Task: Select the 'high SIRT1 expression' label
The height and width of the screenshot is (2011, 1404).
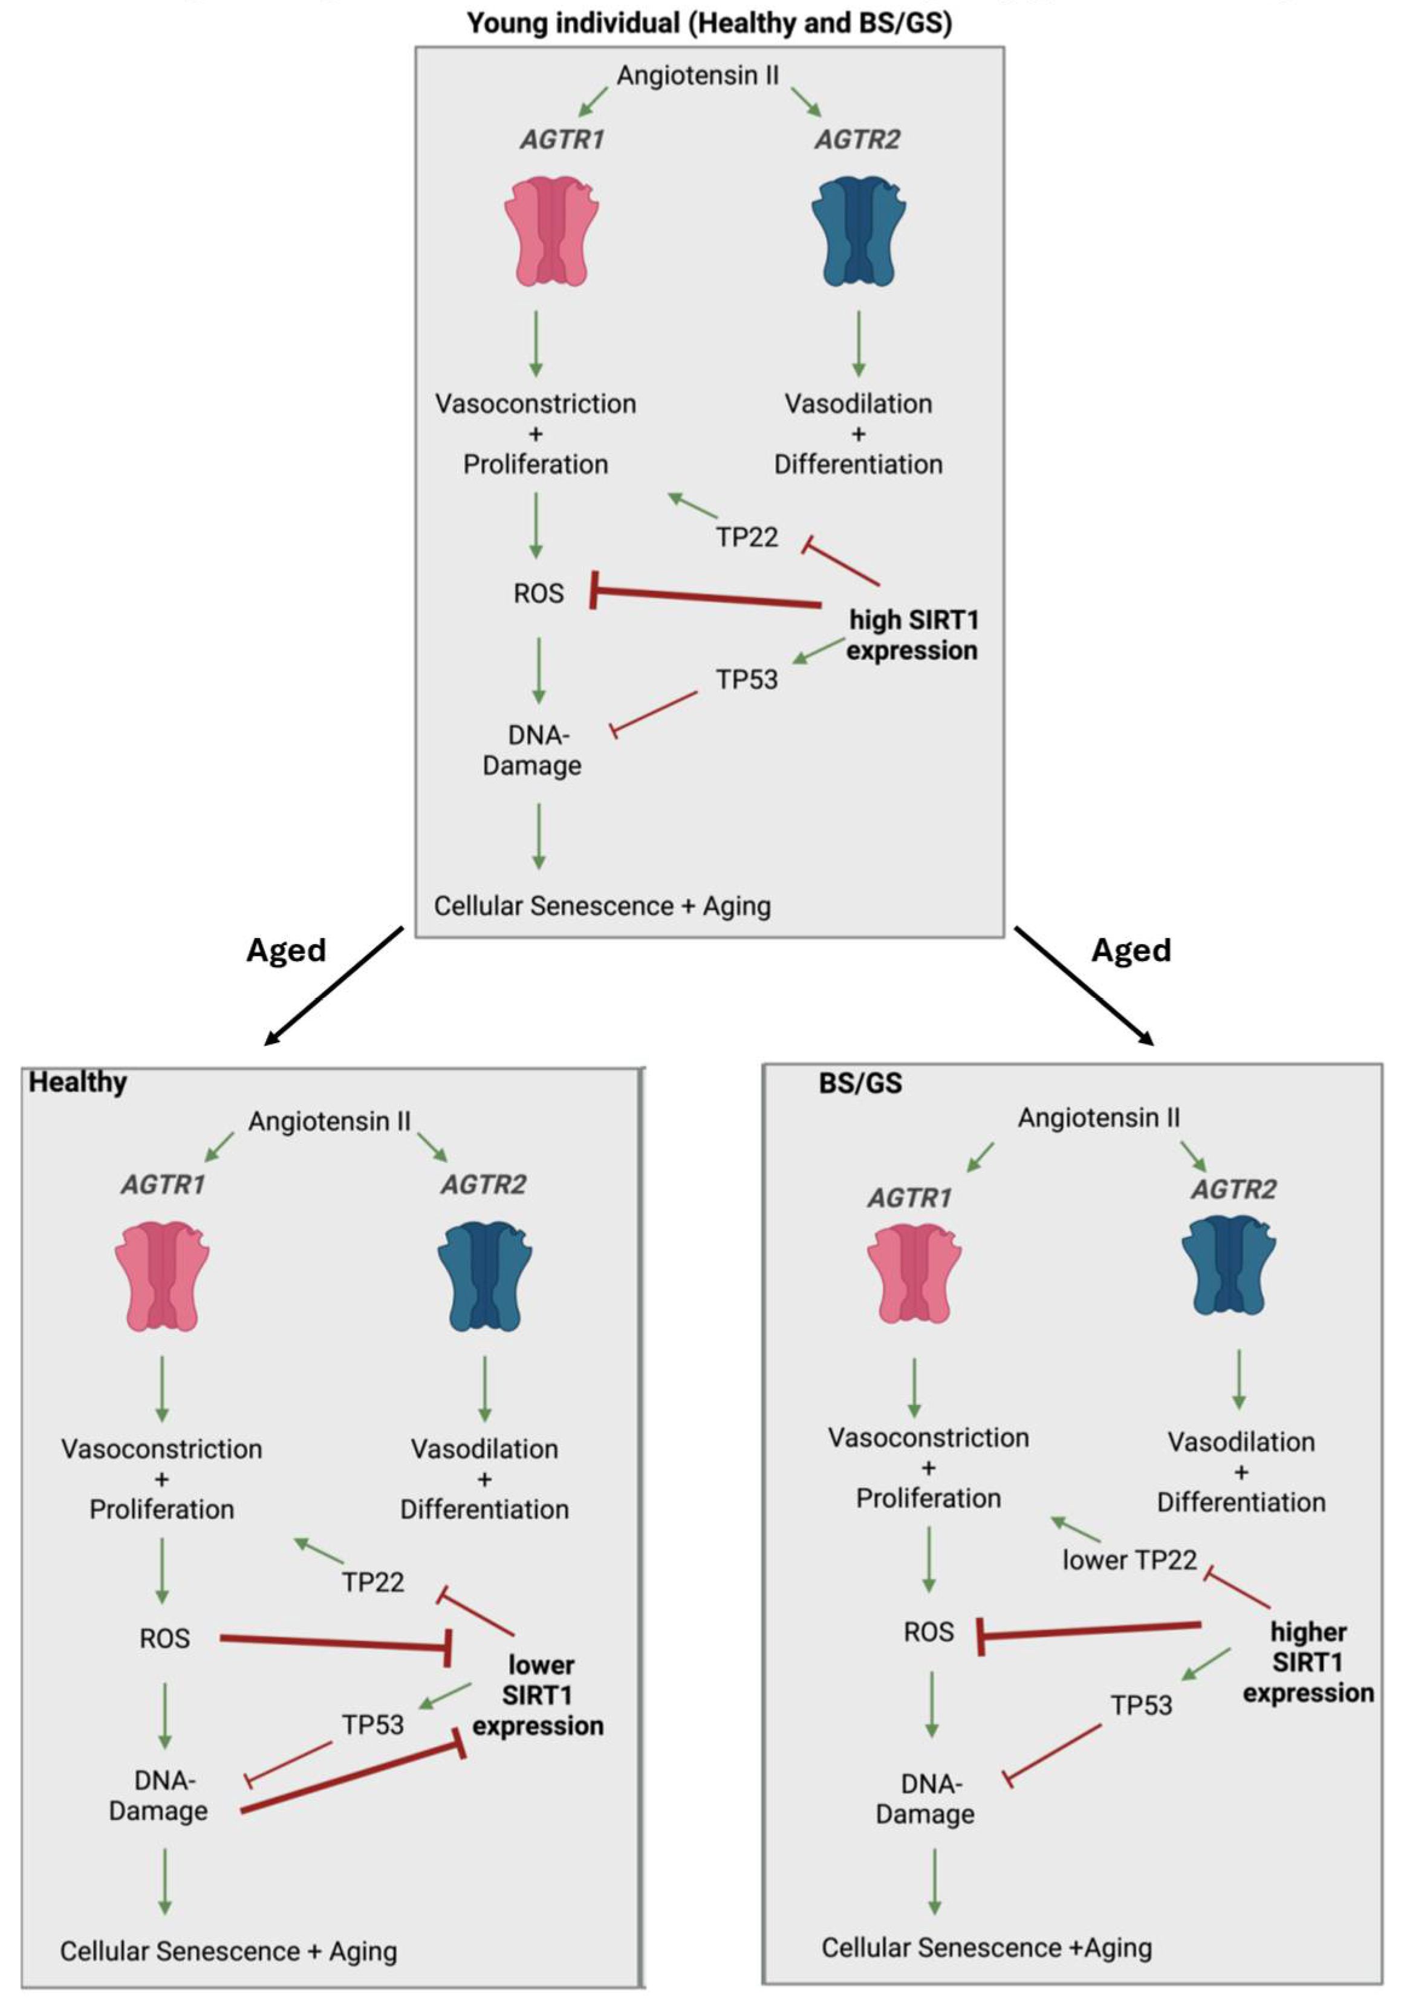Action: (912, 635)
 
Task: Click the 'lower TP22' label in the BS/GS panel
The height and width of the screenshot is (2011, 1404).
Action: (1129, 1560)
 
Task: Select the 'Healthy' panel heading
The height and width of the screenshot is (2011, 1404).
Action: (78, 1083)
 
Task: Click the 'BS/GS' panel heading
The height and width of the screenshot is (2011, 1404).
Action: (859, 1083)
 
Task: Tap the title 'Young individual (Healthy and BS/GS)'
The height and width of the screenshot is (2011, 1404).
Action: (709, 23)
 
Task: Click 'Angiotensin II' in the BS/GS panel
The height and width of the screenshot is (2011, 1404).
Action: (1098, 1118)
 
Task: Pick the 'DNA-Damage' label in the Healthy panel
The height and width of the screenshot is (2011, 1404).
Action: (158, 1796)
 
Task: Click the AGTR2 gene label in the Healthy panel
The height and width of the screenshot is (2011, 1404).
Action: (484, 1185)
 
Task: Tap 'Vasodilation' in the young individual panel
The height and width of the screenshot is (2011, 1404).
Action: (857, 404)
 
